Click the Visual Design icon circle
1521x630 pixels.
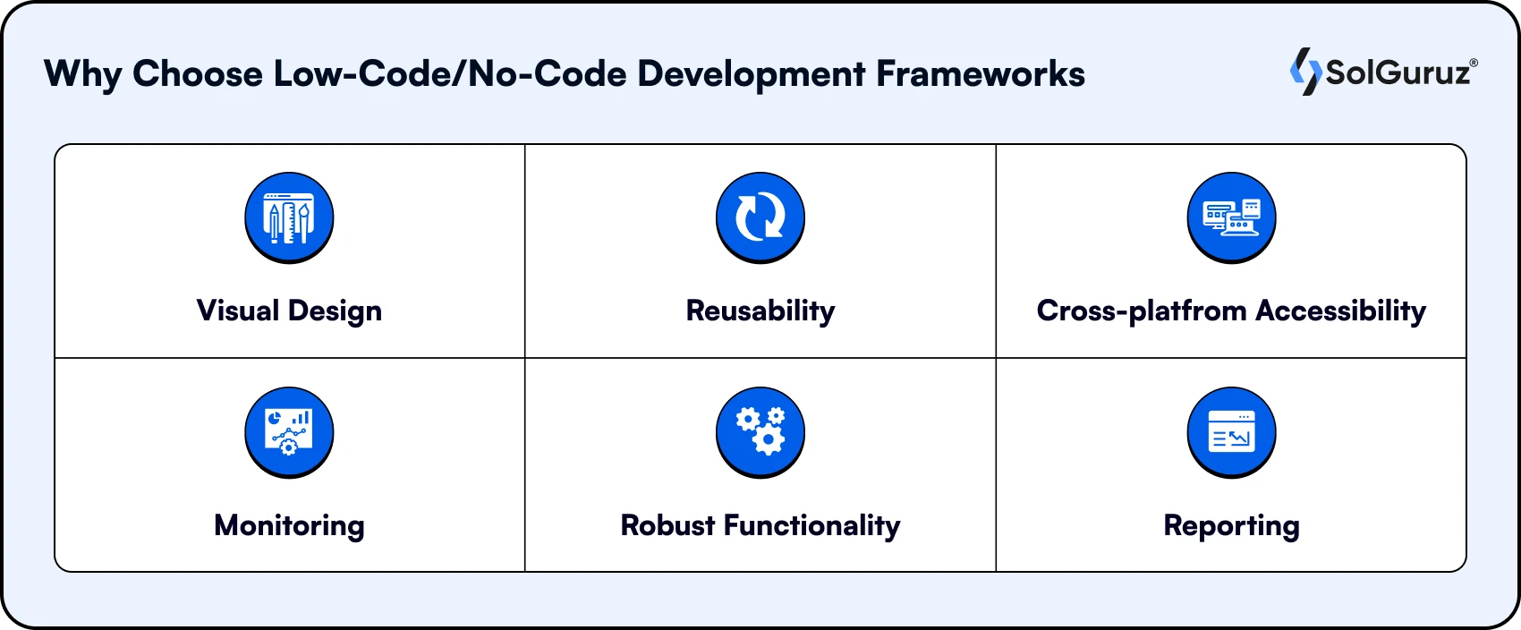click(289, 217)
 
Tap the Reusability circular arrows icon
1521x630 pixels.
click(760, 217)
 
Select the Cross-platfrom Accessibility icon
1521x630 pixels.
click(1231, 217)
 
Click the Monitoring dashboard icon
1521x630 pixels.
click(289, 432)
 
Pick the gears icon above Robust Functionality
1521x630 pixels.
click(760, 432)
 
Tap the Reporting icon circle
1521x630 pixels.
click(1231, 432)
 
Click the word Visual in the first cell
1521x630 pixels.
click(238, 311)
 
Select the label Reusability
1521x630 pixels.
click(760, 311)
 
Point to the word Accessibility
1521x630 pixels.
click(1340, 311)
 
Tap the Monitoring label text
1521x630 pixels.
click(289, 525)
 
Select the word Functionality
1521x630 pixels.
click(811, 525)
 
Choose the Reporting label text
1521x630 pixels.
click(1231, 525)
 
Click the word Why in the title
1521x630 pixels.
click(82, 74)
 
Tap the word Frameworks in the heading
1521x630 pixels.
click(981, 74)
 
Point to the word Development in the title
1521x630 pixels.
click(751, 74)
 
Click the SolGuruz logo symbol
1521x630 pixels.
click(1305, 72)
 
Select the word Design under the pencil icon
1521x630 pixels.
click(335, 311)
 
